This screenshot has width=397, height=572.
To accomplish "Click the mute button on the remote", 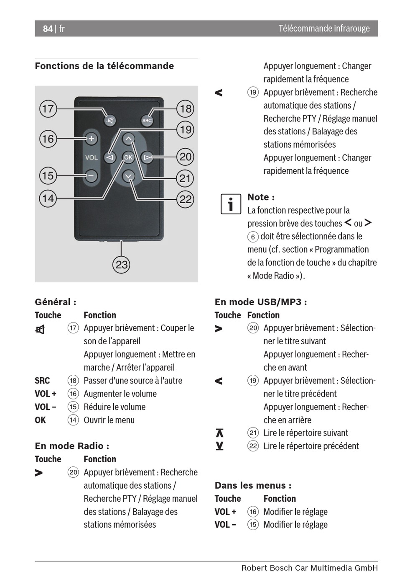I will click(110, 121).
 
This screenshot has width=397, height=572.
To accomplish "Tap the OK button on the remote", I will click(128, 157).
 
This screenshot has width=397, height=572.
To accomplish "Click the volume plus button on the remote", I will click(91, 139).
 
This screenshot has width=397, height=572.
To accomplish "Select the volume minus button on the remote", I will click(91, 175).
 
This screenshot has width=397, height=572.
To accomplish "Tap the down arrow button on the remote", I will click(129, 176).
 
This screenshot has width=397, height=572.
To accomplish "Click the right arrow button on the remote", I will click(147, 157).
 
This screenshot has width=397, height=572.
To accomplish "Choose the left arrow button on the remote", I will click(110, 157).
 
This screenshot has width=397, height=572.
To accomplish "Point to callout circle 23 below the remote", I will click(121, 265).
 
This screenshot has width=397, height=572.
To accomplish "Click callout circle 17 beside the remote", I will click(48, 109).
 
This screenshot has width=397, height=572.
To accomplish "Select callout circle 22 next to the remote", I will click(185, 199).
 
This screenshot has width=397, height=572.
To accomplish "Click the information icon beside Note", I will click(231, 204).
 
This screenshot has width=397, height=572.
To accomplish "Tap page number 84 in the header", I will click(48, 28).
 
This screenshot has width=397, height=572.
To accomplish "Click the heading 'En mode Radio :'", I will click(72, 446).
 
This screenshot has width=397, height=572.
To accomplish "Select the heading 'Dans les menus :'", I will click(253, 485).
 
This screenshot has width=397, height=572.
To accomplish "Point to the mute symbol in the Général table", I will click(40, 330).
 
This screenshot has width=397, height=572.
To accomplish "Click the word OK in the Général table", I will click(40, 420).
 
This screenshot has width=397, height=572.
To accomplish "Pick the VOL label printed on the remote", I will click(91, 157).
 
